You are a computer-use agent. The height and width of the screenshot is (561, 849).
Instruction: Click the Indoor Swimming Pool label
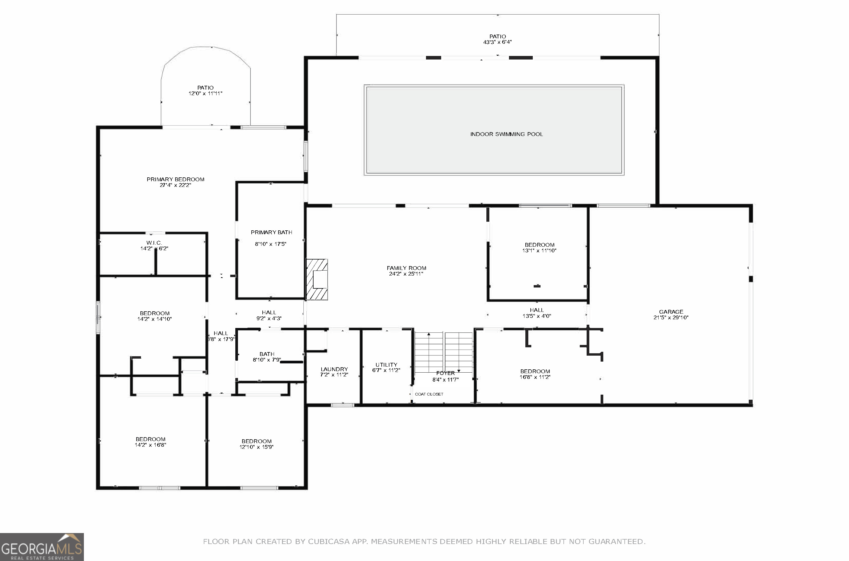[506, 134]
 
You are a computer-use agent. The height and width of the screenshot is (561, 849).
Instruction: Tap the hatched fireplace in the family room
[317, 279]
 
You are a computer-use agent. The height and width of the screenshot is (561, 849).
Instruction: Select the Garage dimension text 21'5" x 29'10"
[671, 317]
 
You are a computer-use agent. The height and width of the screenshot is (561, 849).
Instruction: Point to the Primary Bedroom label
[175, 179]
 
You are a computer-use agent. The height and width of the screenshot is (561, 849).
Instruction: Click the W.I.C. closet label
[154, 243]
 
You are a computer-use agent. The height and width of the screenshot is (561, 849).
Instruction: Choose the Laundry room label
[334, 369]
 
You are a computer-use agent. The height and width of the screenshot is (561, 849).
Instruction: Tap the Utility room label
[386, 365]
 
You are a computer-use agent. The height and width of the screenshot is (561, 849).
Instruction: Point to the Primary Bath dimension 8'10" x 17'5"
[270, 244]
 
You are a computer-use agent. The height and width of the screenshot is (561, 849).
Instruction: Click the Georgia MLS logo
[42, 547]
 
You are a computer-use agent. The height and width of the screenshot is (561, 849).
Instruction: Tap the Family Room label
[406, 268]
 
